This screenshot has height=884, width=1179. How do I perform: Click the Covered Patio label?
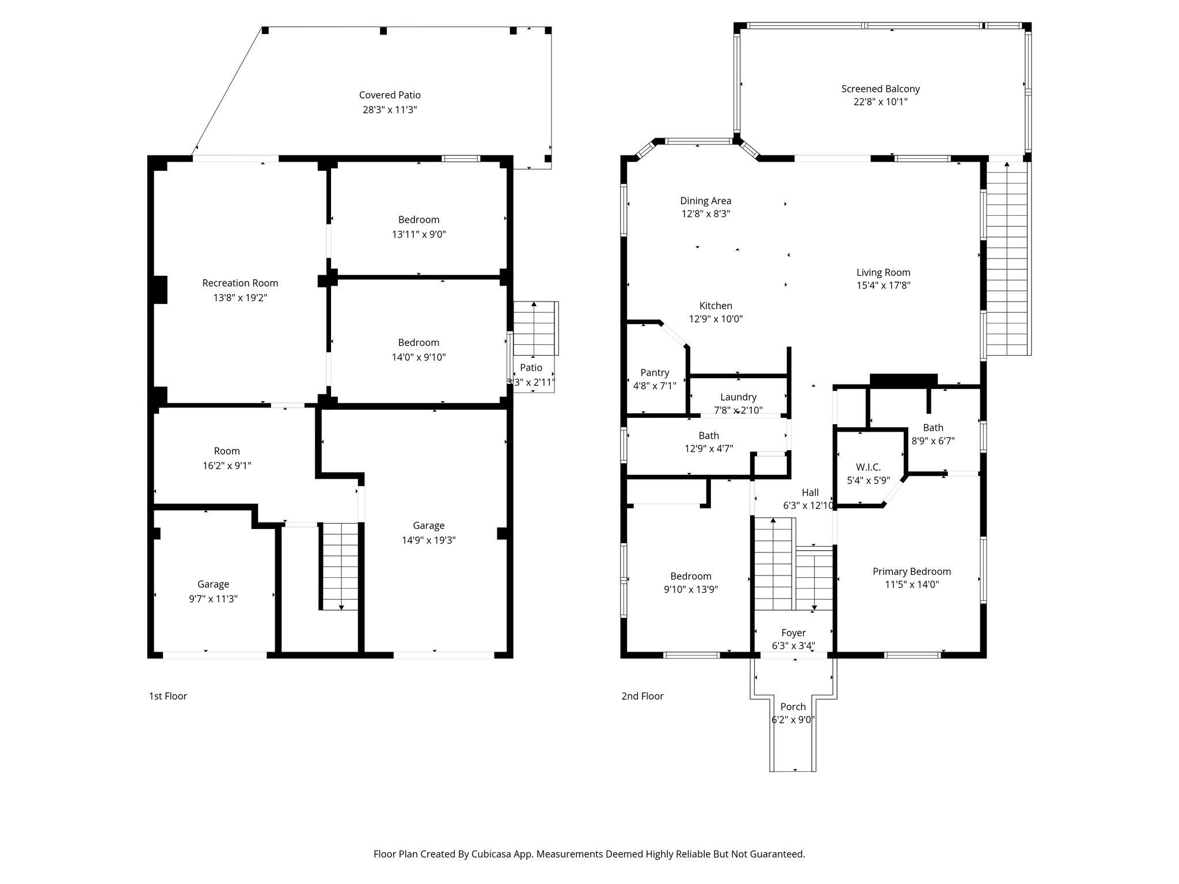click(x=390, y=95)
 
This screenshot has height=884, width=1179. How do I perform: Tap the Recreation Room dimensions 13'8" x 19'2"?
click(x=240, y=298)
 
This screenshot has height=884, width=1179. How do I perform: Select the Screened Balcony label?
click(x=880, y=89)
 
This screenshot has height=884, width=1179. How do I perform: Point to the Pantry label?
click(x=655, y=372)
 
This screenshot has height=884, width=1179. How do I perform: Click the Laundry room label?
click(x=738, y=397)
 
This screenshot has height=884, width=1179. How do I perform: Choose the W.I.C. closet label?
click(x=868, y=467)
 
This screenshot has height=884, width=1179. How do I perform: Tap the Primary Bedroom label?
click(x=911, y=571)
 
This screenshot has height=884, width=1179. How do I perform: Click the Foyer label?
click(x=793, y=633)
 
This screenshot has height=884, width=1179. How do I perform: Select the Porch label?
click(x=793, y=707)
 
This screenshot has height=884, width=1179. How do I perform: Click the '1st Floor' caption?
click(x=168, y=696)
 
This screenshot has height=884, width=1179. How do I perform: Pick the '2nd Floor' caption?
click(x=642, y=696)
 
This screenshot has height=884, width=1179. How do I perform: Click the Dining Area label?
click(x=705, y=201)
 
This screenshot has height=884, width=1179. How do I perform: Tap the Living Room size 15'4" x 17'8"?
click(x=883, y=285)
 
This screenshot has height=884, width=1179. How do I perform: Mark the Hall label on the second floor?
click(x=810, y=493)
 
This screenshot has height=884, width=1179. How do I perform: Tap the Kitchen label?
click(x=716, y=306)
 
